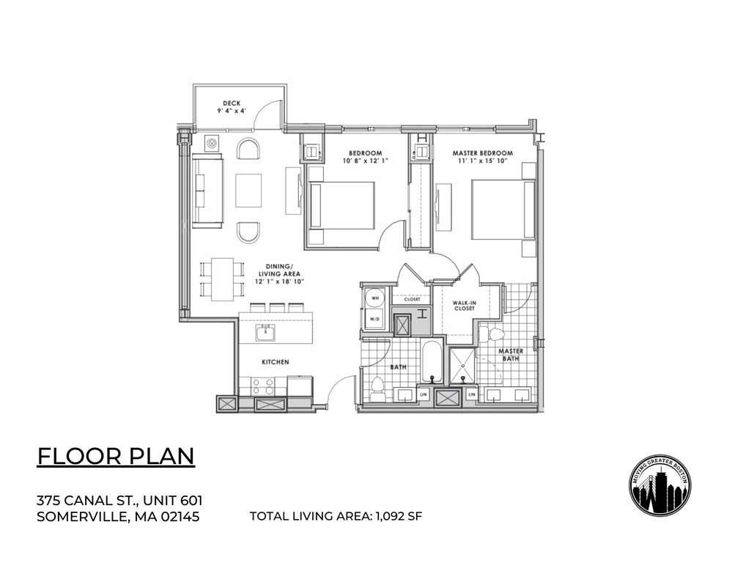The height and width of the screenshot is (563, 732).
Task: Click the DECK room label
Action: (231, 103)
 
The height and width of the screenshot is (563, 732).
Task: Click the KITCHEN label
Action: (276, 362)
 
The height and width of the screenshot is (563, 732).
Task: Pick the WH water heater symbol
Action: (374, 299)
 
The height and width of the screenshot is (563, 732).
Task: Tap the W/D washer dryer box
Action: (374, 320)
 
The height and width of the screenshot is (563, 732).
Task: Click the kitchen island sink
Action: (265, 333)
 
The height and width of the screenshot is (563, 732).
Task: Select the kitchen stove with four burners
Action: (262, 386)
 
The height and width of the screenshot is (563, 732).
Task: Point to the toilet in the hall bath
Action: (378, 388)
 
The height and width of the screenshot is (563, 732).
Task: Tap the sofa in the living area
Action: (207, 191)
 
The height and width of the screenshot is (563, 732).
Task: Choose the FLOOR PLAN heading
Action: (116, 456)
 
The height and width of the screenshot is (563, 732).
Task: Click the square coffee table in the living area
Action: (248, 191)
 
